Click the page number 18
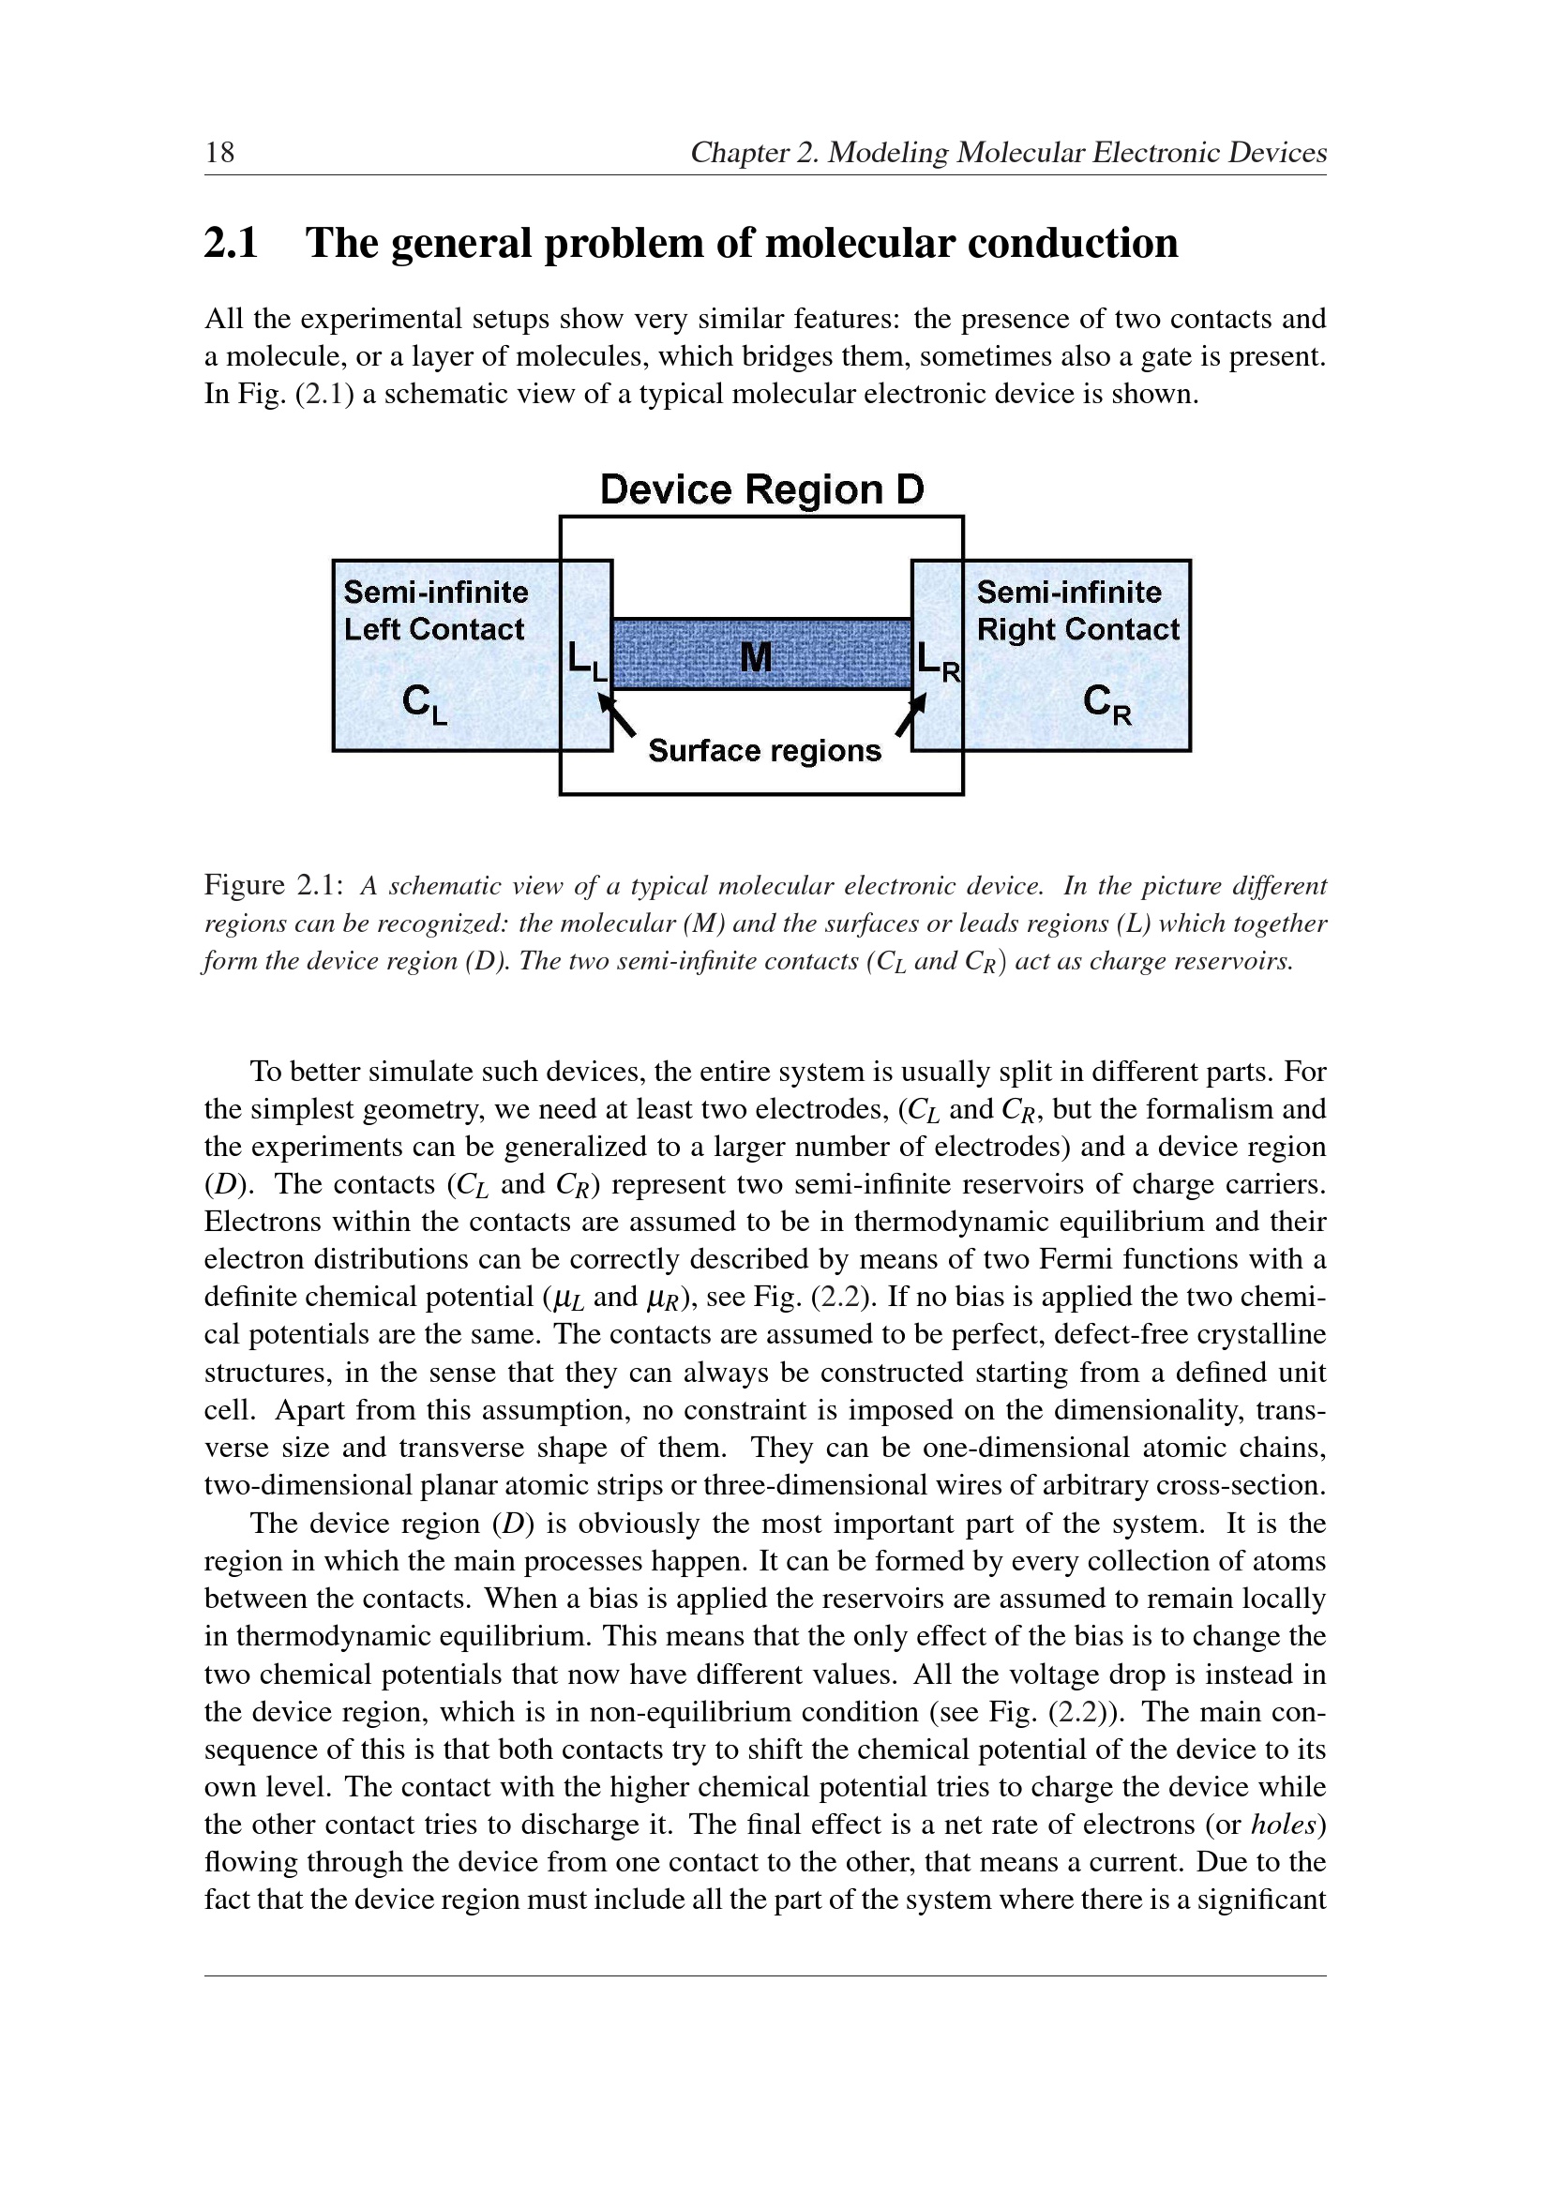point(219,153)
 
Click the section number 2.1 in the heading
point(231,244)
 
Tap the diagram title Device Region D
point(761,490)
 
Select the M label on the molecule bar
point(756,657)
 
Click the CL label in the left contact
point(423,705)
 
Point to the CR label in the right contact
point(1106,705)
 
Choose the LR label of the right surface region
point(937,660)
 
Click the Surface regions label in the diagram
point(764,752)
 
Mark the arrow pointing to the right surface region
point(911,714)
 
